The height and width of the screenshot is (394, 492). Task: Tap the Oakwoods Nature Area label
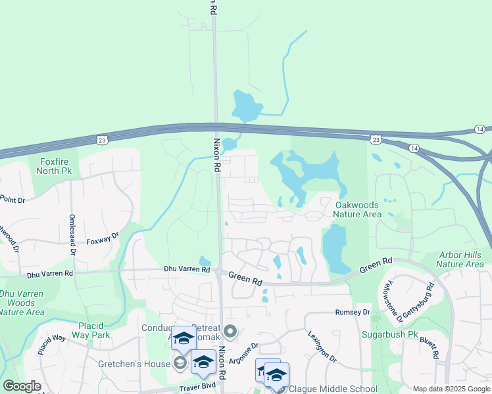357,209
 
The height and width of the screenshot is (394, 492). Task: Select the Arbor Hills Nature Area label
460,259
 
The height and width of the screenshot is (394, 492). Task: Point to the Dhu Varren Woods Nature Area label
21,303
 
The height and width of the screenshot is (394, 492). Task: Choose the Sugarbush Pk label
390,334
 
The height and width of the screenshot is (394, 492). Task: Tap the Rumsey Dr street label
353,312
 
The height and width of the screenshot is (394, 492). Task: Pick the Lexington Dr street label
322,346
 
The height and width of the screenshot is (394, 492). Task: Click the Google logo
22,386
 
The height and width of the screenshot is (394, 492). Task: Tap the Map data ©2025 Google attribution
451,389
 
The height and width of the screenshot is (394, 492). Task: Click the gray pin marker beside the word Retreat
230,330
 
